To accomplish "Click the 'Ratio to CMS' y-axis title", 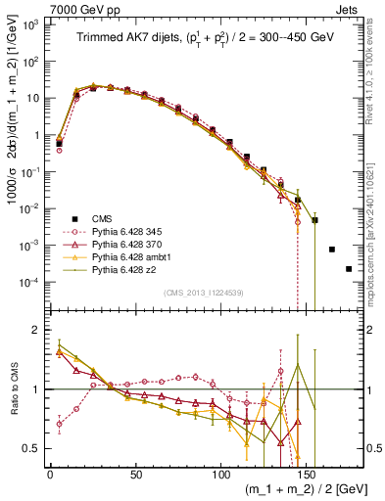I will pos(12,389).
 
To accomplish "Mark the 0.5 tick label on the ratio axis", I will pos(33,448).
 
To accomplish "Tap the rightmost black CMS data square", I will pos(349,269).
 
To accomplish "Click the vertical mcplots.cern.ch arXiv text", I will pos(375,235).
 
